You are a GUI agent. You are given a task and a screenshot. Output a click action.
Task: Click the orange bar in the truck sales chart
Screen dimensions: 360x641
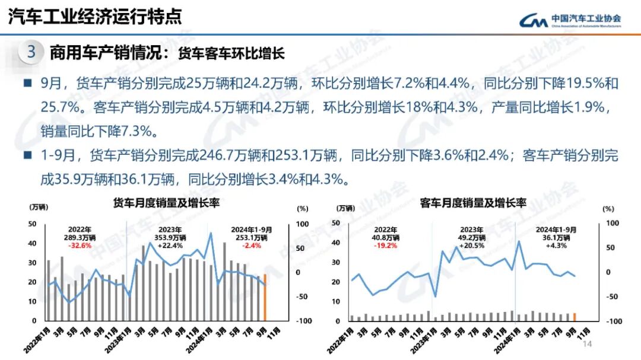click(x=265, y=297)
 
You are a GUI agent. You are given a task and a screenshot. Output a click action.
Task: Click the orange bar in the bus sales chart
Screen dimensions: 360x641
click(x=575, y=317)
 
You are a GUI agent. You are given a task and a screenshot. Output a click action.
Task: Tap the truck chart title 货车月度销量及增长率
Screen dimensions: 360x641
click(x=167, y=203)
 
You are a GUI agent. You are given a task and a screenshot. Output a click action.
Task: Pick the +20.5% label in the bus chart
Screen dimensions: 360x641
click(x=472, y=245)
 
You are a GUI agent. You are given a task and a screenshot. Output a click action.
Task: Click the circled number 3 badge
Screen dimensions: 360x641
click(x=31, y=52)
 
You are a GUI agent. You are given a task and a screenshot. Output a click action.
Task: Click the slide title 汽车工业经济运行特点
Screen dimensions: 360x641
click(x=95, y=16)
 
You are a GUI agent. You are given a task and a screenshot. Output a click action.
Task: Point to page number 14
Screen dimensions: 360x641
click(x=588, y=345)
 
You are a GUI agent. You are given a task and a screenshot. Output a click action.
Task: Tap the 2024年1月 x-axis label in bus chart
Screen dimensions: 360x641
click(x=503, y=339)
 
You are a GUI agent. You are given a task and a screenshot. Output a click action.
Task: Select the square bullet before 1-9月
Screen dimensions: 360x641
click(x=27, y=156)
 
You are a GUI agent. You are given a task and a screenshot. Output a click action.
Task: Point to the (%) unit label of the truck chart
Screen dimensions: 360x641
click(x=302, y=208)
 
